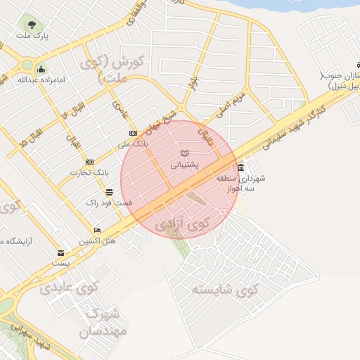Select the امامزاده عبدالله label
tap(41, 79)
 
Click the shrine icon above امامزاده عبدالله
tap(41, 69)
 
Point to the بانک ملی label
tap(133, 145)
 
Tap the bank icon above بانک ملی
tap(133, 134)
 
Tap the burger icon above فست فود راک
tap(109, 192)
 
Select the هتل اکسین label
tap(97, 241)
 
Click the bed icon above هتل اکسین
tap(97, 230)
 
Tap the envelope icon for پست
tap(61, 253)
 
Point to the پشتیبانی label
tap(185, 165)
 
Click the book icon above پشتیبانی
tap(185, 153)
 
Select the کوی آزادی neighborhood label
tap(183, 225)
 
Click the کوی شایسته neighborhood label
tap(225, 288)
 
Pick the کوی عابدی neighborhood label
tap(69, 287)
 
